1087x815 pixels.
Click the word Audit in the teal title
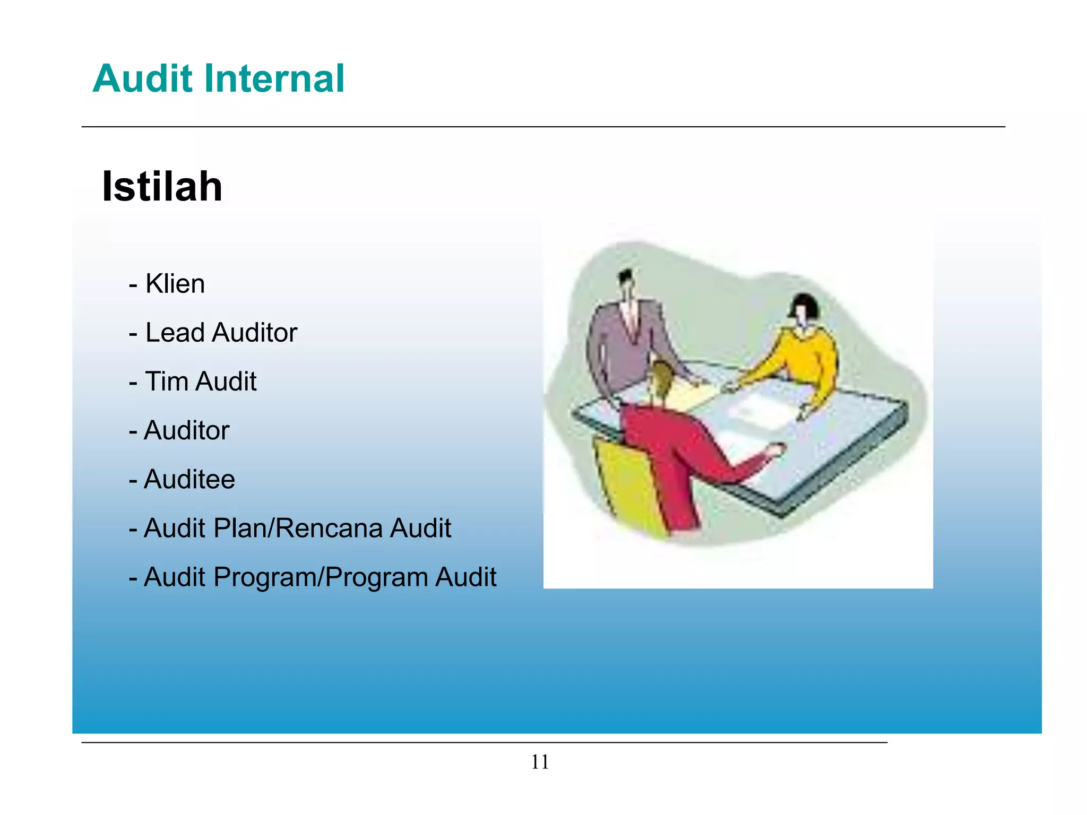click(x=142, y=79)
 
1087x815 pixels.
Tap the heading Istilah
click(x=162, y=186)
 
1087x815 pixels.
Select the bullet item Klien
click(x=175, y=283)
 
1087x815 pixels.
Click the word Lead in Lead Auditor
click(x=175, y=333)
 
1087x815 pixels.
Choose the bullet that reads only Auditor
click(x=186, y=430)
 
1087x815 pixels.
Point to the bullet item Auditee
click(x=189, y=479)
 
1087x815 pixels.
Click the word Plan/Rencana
click(x=297, y=528)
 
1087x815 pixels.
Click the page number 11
click(x=540, y=762)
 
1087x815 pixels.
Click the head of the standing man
click(x=627, y=281)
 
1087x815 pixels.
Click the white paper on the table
click(x=759, y=411)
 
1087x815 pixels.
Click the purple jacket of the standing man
click(x=616, y=340)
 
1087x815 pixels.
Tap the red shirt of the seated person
click(x=669, y=451)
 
